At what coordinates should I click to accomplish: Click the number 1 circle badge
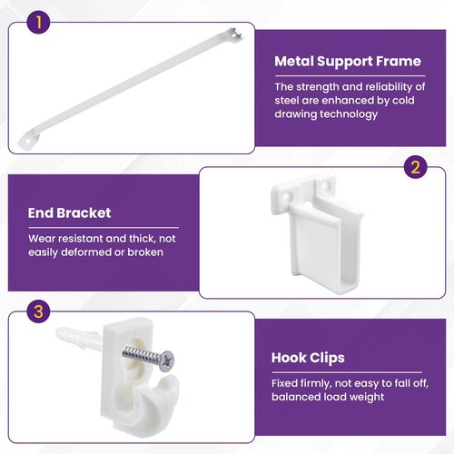click(39, 22)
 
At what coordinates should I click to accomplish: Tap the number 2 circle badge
click(416, 167)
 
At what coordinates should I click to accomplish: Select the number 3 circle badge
click(38, 311)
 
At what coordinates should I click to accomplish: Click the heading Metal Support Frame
click(348, 62)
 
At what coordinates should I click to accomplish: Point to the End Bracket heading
click(69, 213)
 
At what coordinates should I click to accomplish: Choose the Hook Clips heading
click(308, 358)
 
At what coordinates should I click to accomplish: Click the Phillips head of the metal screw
click(166, 360)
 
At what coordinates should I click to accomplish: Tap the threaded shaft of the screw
click(141, 355)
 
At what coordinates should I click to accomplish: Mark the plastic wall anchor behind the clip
click(79, 337)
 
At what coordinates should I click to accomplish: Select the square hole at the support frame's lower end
click(27, 141)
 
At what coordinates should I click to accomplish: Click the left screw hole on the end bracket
click(286, 198)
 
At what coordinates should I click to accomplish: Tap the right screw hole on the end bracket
click(325, 184)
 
